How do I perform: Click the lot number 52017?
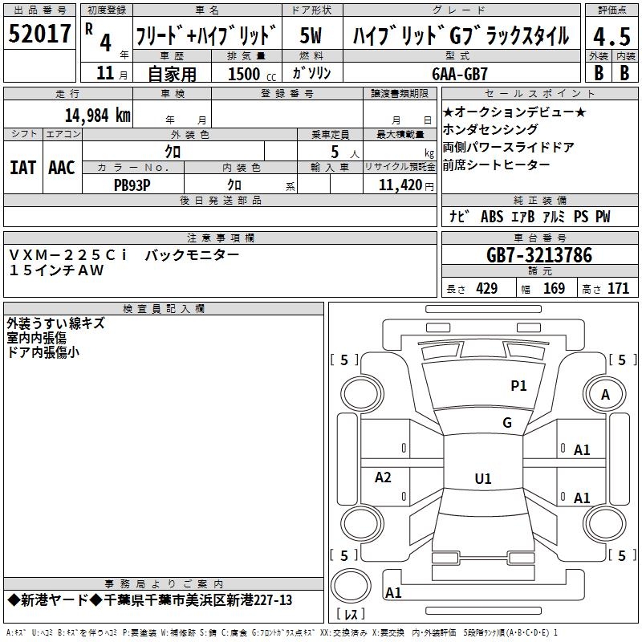pyautogui.click(x=40, y=35)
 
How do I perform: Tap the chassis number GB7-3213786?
pyautogui.click(x=539, y=256)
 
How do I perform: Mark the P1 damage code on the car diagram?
pyautogui.click(x=518, y=386)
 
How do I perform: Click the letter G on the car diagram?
pyautogui.click(x=507, y=423)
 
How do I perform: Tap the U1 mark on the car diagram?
pyautogui.click(x=483, y=479)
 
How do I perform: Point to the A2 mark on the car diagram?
pyautogui.click(x=384, y=477)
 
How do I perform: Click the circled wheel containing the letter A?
pyautogui.click(x=606, y=394)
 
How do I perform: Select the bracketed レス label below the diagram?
pyautogui.click(x=351, y=616)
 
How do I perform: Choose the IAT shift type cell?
pyautogui.click(x=23, y=167)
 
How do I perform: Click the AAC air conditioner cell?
pyautogui.click(x=62, y=167)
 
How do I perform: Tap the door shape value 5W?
pyautogui.click(x=310, y=37)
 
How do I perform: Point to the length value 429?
pyautogui.click(x=486, y=289)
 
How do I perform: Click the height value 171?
pyautogui.click(x=618, y=289)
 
